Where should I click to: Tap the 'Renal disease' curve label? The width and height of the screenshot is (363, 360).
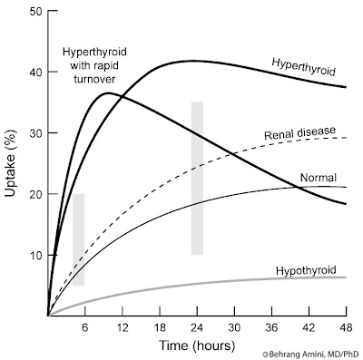pos(299,136)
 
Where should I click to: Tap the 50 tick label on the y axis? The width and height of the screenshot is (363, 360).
pos(35,12)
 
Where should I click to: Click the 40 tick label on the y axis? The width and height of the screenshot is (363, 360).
pos(35,73)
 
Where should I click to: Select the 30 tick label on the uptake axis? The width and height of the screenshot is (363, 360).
pos(35,133)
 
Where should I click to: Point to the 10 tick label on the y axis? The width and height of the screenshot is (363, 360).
pos(35,255)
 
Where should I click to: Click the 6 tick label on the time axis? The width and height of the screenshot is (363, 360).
pos(84,326)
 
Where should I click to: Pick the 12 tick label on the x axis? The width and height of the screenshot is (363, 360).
pos(122,326)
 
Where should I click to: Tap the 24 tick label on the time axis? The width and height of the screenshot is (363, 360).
pos(196,326)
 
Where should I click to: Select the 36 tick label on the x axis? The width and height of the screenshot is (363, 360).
pos(270,326)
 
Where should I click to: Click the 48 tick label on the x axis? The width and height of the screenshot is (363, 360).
pos(345,326)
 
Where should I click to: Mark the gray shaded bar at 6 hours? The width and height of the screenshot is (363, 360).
pos(79,239)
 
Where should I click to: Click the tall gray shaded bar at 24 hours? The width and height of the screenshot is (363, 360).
pos(196,178)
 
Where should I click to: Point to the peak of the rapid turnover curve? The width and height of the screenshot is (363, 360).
pos(108,92)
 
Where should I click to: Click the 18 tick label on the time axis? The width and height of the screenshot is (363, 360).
pos(159,326)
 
